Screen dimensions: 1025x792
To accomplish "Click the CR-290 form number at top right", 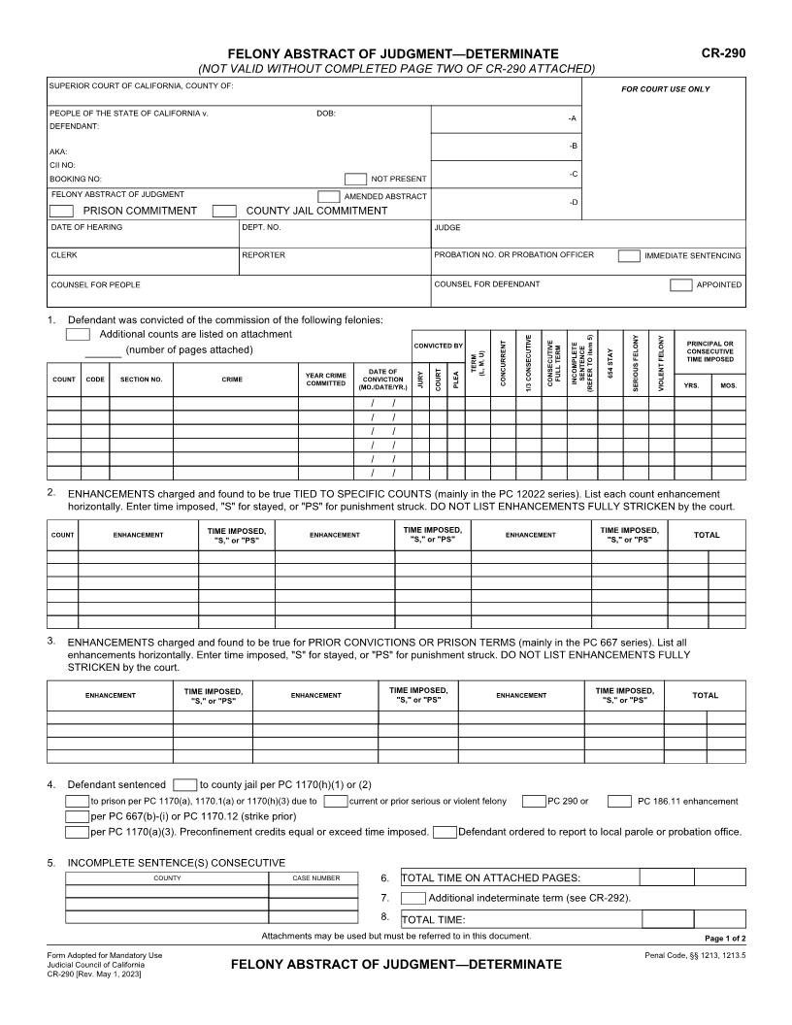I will click(723, 53).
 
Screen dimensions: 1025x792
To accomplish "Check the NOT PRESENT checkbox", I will click(355, 179).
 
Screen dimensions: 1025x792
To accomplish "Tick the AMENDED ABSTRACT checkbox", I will click(329, 196).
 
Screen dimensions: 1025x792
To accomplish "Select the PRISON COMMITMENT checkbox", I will click(61, 211).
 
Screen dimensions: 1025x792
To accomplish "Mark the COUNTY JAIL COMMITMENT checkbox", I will click(224, 211).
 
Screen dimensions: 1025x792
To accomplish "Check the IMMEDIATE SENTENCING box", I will click(629, 256).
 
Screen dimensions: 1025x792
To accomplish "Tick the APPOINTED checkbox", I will click(680, 285).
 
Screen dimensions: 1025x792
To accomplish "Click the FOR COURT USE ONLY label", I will click(665, 89).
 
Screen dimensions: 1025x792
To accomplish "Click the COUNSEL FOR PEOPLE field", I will click(238, 290).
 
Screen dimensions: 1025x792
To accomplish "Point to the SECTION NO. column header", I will click(141, 380).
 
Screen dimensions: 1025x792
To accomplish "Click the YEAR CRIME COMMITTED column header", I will click(326, 379).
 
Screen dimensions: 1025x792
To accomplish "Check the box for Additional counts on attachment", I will click(78, 334).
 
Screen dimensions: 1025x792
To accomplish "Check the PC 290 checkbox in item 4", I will click(533, 801).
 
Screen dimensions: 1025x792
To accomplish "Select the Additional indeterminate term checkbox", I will click(412, 898).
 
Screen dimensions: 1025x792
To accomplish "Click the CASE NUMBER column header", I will click(316, 877).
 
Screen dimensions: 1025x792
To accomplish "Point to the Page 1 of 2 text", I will click(724, 939).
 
